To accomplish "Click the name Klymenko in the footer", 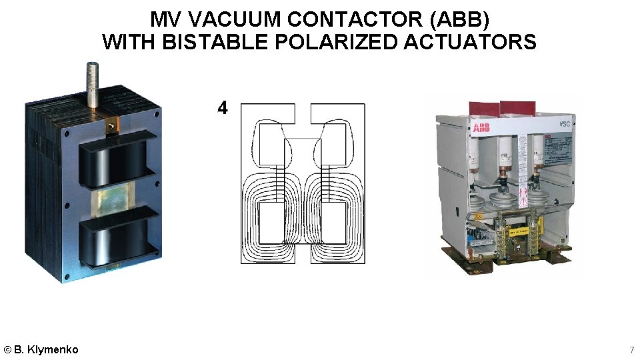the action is [x=53, y=349].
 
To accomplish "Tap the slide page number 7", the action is [x=631, y=350].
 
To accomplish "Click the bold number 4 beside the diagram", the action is [x=223, y=107].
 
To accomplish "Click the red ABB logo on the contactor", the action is [x=481, y=127].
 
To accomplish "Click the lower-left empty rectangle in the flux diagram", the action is [x=272, y=223].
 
